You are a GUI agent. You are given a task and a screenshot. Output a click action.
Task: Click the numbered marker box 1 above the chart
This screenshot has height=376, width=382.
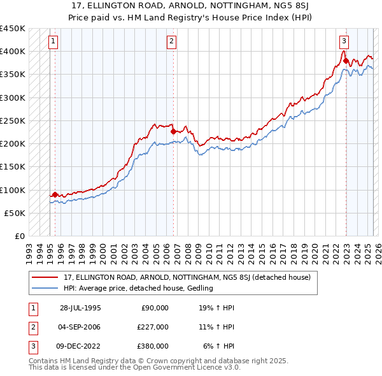pos(53,42)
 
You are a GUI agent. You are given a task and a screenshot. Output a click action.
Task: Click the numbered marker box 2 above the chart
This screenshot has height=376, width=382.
pos(172,42)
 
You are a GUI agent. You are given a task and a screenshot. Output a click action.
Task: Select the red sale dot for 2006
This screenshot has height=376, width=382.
pos(173,132)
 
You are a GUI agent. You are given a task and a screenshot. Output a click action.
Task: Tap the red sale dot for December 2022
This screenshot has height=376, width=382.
pos(346,61)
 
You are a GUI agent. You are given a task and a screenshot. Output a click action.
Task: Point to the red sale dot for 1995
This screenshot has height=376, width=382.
pos(55,194)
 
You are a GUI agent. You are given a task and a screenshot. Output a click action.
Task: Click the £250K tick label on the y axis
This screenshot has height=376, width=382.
pos(13,120)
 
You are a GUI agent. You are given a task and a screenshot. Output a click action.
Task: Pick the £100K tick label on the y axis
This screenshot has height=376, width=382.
pos(13,190)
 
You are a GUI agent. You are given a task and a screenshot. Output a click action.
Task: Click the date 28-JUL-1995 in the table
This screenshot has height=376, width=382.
pos(80,308)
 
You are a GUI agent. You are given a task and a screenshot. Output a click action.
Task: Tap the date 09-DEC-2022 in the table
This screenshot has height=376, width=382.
pos(81,346)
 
